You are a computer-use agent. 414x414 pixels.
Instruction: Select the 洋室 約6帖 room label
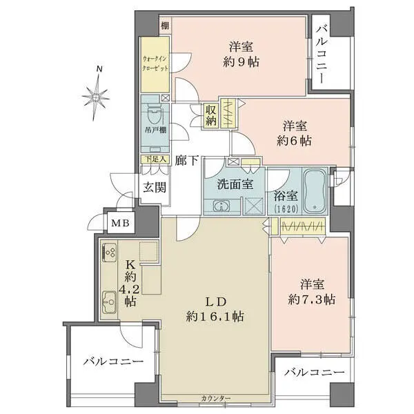pyautogui.click(x=295, y=132)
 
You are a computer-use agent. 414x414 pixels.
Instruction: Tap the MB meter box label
pyautogui.click(x=118, y=223)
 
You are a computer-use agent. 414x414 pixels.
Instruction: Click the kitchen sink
pyautogui.click(x=110, y=301)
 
